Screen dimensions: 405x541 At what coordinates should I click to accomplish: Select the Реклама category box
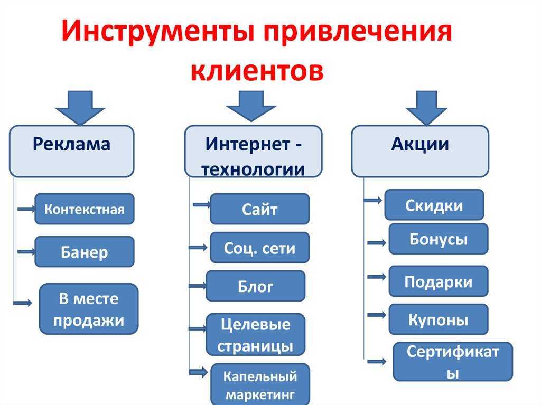point(71,150)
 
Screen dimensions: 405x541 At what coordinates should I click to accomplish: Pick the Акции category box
point(420,150)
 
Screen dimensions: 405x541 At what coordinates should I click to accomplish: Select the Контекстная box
point(85,209)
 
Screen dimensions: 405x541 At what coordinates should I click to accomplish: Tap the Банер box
point(85,252)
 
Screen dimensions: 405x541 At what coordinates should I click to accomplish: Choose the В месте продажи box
point(89,309)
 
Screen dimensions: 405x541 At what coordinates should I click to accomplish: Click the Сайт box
point(259,209)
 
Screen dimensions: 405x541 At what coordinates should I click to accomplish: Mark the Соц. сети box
point(259,248)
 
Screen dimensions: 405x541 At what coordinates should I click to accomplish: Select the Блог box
point(255,286)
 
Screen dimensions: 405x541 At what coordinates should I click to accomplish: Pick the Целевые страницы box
point(255,334)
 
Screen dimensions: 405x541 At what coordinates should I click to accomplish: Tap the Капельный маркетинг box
point(259,384)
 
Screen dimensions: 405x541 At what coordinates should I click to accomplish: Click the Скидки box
point(434,205)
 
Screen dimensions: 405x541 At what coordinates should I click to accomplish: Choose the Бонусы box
point(438,239)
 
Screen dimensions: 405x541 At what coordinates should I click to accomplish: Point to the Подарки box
point(438,281)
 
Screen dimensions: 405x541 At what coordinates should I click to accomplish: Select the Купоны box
point(438,319)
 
